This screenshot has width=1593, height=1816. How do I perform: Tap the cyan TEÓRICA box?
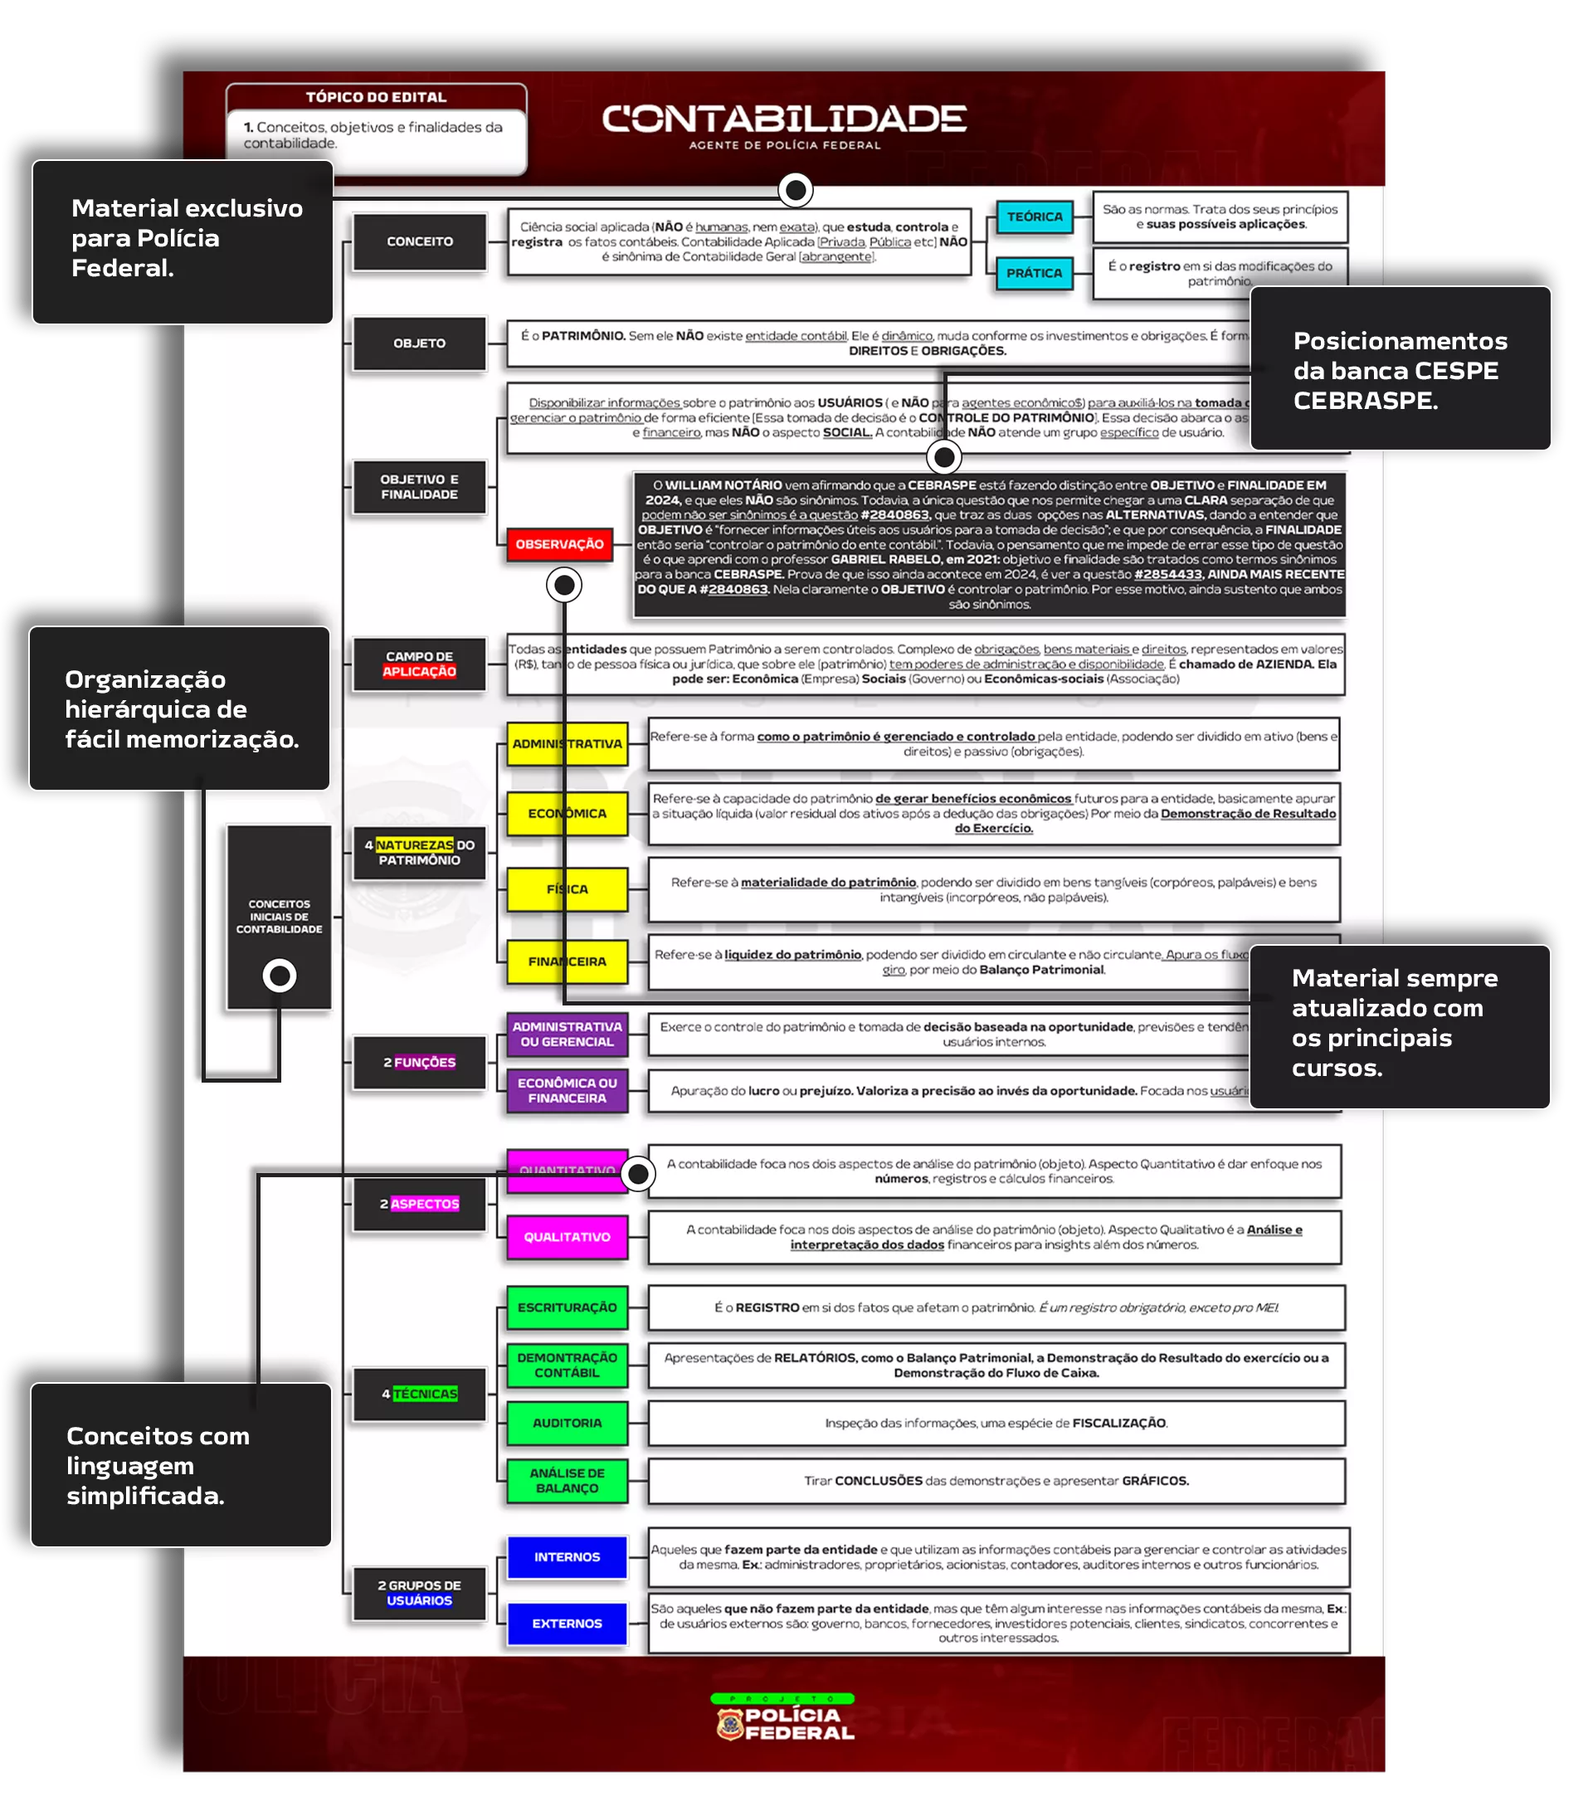[1034, 217]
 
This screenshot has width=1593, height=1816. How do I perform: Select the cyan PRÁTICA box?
[1034, 274]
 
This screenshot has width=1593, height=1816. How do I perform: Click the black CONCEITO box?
[419, 241]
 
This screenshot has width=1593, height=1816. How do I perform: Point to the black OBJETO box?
[419, 343]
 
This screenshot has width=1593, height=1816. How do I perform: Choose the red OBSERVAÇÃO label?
[559, 544]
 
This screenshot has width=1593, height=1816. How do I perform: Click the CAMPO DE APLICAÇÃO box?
[419, 665]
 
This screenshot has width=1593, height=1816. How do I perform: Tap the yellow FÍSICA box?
[567, 889]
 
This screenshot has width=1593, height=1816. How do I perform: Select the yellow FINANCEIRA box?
[567, 962]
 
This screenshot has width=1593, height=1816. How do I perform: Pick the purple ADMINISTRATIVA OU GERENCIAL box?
[567, 1035]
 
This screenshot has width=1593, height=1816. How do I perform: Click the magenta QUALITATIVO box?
[567, 1237]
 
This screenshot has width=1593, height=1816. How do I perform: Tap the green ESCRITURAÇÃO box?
[567, 1307]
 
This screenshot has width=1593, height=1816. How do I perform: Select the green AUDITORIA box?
[567, 1424]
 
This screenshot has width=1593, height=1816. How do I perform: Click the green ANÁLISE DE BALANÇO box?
[567, 1481]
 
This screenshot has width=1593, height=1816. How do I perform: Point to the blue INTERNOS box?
[567, 1557]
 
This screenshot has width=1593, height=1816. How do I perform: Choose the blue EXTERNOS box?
[567, 1624]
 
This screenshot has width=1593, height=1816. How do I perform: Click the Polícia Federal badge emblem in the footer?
[729, 1726]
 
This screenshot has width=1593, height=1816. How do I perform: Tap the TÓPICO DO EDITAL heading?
[376, 97]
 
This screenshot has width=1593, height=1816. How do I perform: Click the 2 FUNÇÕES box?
[419, 1063]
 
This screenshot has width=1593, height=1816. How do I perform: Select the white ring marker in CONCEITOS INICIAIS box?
[279, 976]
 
